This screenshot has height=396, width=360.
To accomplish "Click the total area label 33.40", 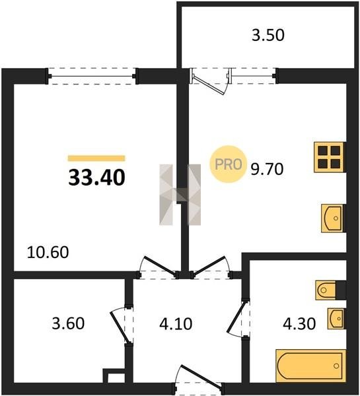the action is pos(96,178).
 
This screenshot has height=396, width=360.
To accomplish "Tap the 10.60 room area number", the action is pos(48,252).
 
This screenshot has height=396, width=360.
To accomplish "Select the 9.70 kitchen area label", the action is pos(267,169).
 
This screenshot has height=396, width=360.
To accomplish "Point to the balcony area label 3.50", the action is pos(268,35).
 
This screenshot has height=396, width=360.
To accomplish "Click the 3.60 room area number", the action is pos(68,323).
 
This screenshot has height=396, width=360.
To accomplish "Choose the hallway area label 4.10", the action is pos(176,323).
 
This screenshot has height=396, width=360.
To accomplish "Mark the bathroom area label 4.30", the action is pos(299,323).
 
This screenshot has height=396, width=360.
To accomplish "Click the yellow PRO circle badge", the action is pos(229,164).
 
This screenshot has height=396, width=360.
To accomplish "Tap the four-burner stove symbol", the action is pos(329,157).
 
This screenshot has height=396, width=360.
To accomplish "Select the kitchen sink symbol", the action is pos(332,218).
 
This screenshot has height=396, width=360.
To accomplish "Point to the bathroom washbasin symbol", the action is pos(336,319).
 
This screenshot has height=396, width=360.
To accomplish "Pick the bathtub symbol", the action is pos(310,366).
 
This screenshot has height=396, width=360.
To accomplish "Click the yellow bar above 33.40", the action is pos(96,158).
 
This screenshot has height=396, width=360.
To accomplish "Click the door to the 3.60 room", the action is pos(120,327).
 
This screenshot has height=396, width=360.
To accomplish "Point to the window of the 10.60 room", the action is pos(92,76).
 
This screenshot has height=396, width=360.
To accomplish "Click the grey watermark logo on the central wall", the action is pos(180,195).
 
